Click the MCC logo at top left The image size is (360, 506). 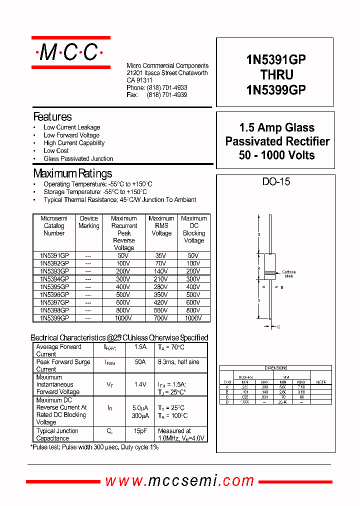pyautogui.click(x=70, y=52)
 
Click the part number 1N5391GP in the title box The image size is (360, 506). pyautogui.click(x=275, y=59)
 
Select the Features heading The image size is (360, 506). pyautogui.click(x=52, y=117)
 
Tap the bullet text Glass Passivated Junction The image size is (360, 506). pyautogui.click(x=78, y=158)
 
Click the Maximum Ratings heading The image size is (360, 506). pyautogui.click(x=72, y=174)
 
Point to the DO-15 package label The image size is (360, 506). pyautogui.click(x=276, y=182)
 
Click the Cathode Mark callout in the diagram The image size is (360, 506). pyautogui.click(x=289, y=273)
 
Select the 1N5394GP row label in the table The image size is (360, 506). pyautogui.click(x=54, y=279)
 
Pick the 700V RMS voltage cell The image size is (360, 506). pyautogui.click(x=161, y=318)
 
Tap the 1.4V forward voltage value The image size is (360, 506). pyautogui.click(x=140, y=384)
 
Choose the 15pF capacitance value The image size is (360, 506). pyautogui.click(x=140, y=431)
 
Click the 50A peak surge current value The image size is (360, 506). pyautogui.click(x=140, y=362)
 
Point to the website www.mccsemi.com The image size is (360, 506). pyautogui.click(x=179, y=481)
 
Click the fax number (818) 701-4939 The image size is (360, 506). pyautogui.click(x=167, y=94)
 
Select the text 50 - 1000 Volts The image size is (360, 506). pyautogui.click(x=276, y=155)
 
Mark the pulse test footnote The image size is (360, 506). pyautogui.click(x=95, y=447)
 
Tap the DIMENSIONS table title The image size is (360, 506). pyautogui.click(x=275, y=368)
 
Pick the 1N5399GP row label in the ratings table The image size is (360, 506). pyautogui.click(x=54, y=318)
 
